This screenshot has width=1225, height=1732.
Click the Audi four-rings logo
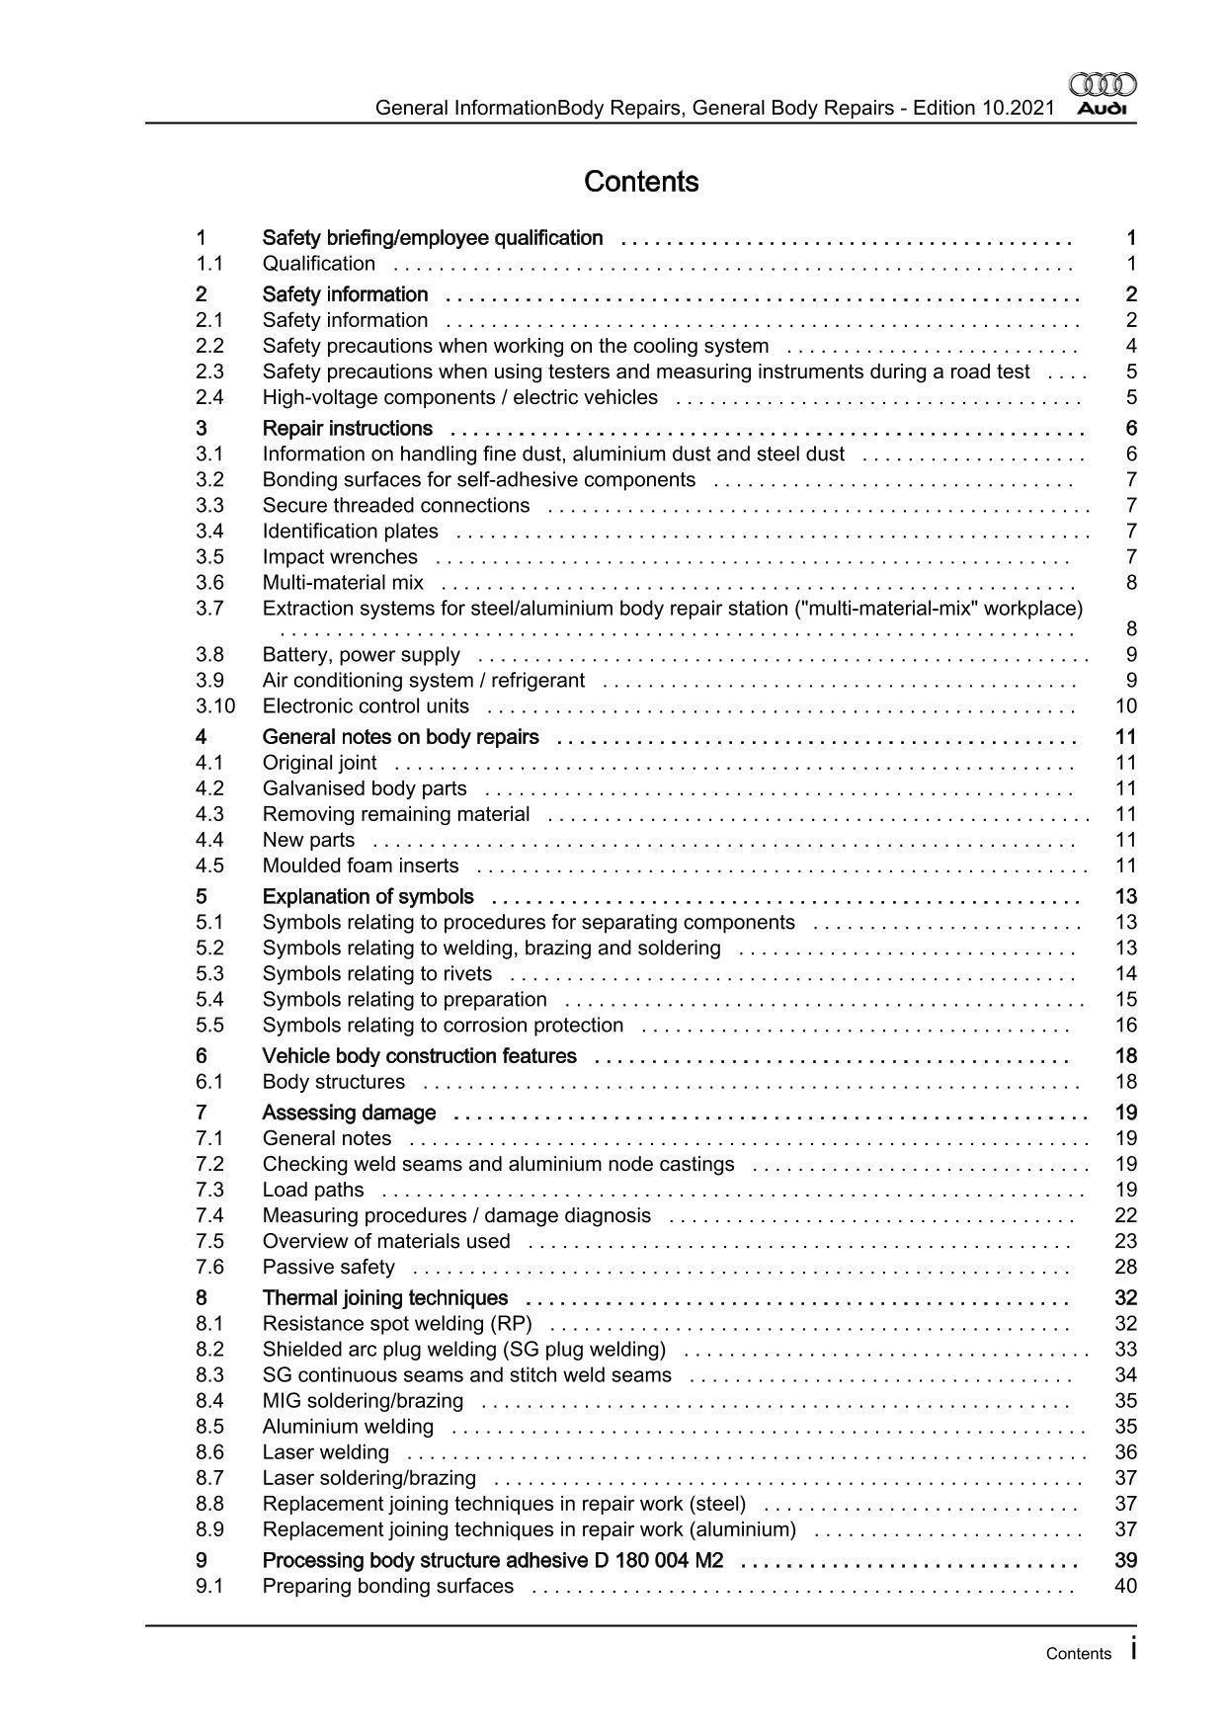pyautogui.click(x=1103, y=85)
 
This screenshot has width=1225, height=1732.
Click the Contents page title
pyautogui.click(x=641, y=182)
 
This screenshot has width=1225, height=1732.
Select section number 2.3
pyautogui.click(x=209, y=371)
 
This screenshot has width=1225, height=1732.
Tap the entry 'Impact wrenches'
pyautogui.click(x=340, y=556)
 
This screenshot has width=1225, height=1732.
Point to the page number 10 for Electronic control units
pyautogui.click(x=1126, y=705)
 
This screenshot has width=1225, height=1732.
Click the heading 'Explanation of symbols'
pyautogui.click(x=367, y=896)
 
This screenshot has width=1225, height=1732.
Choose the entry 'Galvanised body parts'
pyautogui.click(x=365, y=787)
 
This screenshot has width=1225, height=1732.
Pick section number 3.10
pyautogui.click(x=215, y=705)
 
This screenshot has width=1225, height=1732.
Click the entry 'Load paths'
pyautogui.click(x=313, y=1190)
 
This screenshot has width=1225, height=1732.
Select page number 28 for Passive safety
pyautogui.click(x=1126, y=1267)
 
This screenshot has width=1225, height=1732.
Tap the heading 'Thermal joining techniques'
pyautogui.click(x=385, y=1297)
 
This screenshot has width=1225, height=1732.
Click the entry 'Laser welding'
pyautogui.click(x=326, y=1451)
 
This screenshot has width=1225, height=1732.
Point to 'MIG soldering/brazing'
pyautogui.click(x=363, y=1400)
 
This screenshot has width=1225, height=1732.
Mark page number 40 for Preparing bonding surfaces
pyautogui.click(x=1126, y=1586)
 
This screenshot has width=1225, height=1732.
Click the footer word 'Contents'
pyautogui.click(x=1079, y=1654)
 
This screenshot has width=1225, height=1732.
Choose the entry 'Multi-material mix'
pyautogui.click(x=343, y=582)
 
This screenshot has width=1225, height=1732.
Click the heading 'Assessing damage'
pyautogui.click(x=349, y=1113)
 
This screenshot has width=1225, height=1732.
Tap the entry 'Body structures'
pyautogui.click(x=334, y=1081)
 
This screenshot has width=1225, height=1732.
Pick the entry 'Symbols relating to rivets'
pyautogui.click(x=377, y=973)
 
